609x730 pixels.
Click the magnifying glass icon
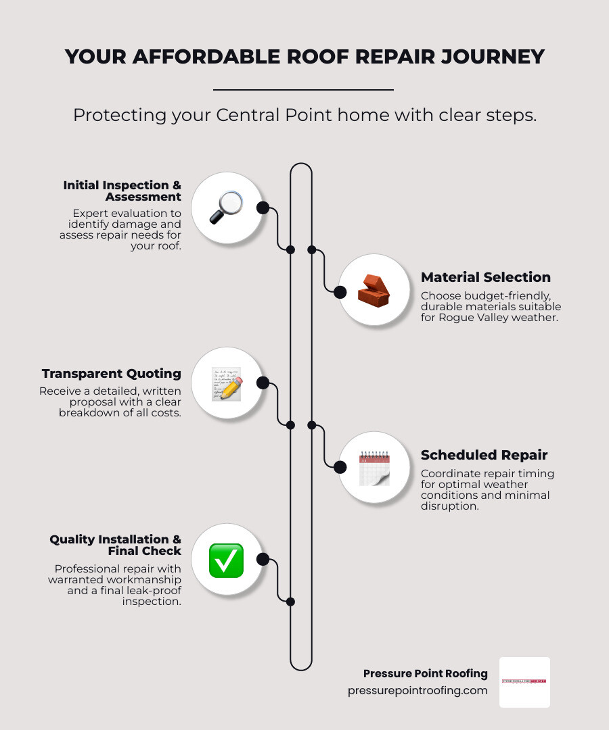tap(225, 208)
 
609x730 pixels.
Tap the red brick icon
tap(373, 291)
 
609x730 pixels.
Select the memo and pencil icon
tap(226, 384)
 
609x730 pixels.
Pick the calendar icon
tap(374, 468)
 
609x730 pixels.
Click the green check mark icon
tap(226, 560)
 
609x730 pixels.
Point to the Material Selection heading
tap(485, 277)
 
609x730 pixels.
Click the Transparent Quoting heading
tap(111, 374)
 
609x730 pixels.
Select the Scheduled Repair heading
tap(484, 455)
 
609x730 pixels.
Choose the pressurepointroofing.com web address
tap(418, 690)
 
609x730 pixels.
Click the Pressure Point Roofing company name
tap(425, 673)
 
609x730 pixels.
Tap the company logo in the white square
tap(524, 681)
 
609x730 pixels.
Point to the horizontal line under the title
tap(303, 89)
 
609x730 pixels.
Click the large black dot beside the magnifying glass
tap(263, 208)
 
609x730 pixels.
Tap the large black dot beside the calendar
tap(340, 466)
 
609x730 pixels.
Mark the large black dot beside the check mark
tap(263, 560)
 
